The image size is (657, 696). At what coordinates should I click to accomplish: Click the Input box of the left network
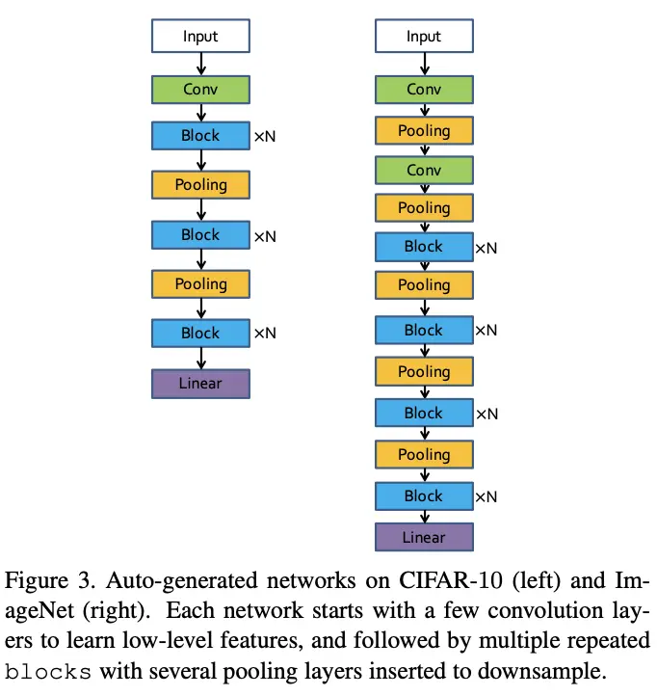[x=200, y=37]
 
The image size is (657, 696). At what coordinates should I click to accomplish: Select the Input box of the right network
[x=424, y=37]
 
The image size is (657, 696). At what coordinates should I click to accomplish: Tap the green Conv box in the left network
[x=200, y=90]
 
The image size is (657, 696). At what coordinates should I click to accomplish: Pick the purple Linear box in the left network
[x=200, y=383]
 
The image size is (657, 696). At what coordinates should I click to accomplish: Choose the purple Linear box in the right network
[x=424, y=537]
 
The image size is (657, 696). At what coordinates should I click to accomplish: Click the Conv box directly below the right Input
[x=424, y=90]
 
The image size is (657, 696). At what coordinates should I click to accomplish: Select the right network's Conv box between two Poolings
[x=424, y=170]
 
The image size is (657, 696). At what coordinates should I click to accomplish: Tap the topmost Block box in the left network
[x=200, y=136]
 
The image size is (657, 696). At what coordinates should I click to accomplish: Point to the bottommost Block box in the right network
[x=424, y=495]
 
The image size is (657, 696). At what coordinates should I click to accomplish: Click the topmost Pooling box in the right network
[x=424, y=130]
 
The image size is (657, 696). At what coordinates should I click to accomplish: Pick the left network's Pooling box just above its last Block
[x=200, y=283]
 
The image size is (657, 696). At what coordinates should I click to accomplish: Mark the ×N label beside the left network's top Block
[x=265, y=138]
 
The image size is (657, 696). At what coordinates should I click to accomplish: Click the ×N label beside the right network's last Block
[x=486, y=497]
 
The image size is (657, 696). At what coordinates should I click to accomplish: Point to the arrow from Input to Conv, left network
[x=200, y=64]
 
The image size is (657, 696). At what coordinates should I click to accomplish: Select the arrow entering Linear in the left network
[x=200, y=358]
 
